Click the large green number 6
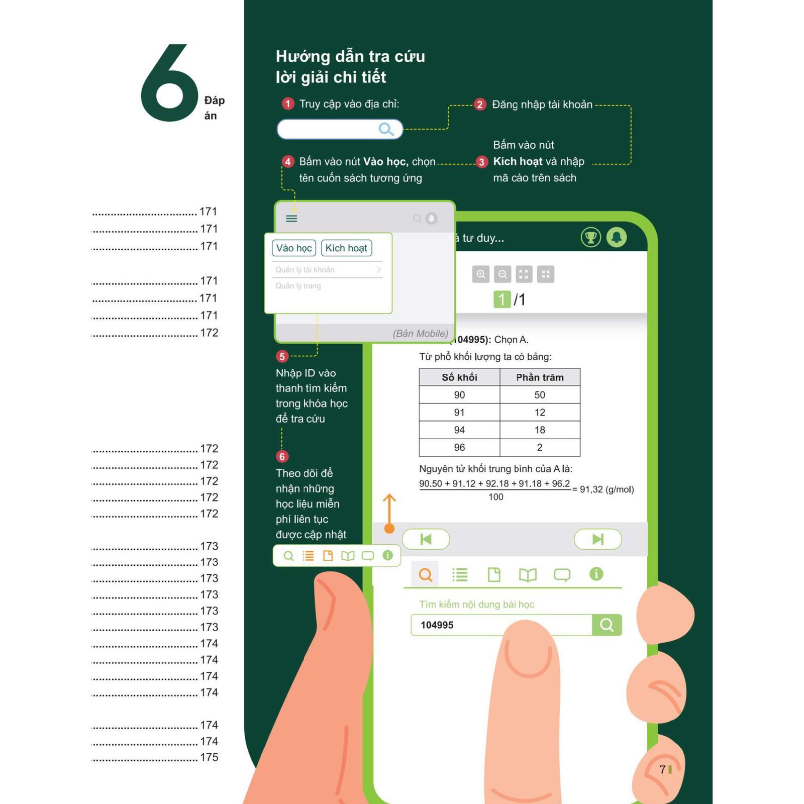point(170,83)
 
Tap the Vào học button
point(294,248)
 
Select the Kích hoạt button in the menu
point(346,248)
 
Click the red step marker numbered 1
point(287,104)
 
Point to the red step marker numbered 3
point(482,162)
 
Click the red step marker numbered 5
point(282,356)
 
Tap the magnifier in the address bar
point(386,129)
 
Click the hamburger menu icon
point(291,219)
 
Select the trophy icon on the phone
point(591,237)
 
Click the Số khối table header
point(459,377)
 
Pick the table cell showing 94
point(459,430)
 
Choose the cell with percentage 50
point(540,395)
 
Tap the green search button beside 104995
point(607,625)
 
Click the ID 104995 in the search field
point(437,625)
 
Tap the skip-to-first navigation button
point(426,539)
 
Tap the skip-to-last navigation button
point(598,539)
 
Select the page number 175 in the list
point(209,757)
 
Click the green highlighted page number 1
point(501,299)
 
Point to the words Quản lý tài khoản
point(305,270)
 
